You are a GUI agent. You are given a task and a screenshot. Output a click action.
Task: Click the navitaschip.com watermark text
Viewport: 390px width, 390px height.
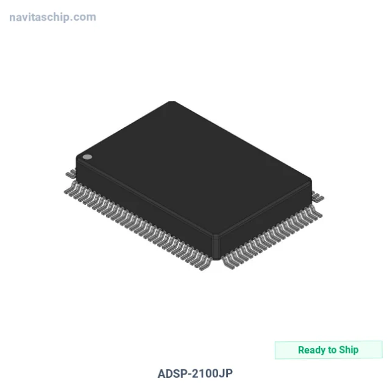pos(52,18)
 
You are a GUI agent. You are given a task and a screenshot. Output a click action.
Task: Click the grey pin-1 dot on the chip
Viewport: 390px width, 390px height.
pos(87,157)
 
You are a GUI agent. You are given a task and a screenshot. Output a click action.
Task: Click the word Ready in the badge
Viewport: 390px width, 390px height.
pos(312,350)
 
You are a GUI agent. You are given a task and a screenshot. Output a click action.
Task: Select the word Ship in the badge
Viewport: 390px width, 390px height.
pos(349,350)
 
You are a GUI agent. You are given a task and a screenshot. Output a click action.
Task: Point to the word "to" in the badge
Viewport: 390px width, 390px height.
pos(332,350)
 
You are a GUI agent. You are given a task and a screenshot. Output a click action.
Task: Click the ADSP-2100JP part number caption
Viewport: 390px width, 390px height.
pos(195,374)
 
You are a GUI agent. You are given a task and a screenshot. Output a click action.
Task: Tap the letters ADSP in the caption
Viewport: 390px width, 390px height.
pos(171,374)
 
